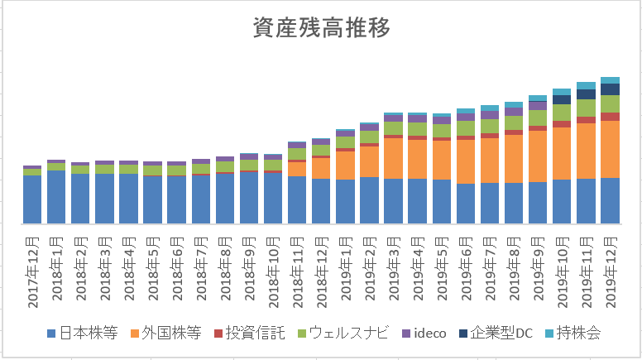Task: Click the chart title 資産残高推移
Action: (320, 27)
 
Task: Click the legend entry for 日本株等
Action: (79, 334)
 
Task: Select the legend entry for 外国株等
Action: (169, 334)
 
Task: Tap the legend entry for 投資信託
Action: (252, 334)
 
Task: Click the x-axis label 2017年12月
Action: (32, 269)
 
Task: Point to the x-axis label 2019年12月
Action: (610, 269)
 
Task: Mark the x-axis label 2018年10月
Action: (272, 269)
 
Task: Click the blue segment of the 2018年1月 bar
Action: (56, 197)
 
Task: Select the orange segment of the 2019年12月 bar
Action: (610, 149)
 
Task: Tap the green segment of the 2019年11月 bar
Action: (586, 108)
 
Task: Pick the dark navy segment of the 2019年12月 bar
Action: (610, 89)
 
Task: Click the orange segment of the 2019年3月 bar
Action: (393, 158)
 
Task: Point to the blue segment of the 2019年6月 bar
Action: (465, 204)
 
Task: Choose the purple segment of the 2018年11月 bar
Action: (297, 145)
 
